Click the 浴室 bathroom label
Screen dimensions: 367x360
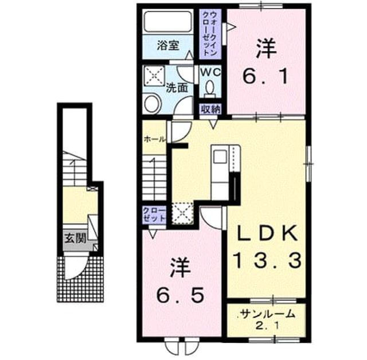coord(168,45)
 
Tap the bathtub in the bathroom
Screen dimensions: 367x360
coord(168,22)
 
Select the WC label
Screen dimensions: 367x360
coord(210,72)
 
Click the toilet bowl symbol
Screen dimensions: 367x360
coord(210,88)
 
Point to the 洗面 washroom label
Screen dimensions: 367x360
coord(177,88)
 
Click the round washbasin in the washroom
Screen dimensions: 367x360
coord(151,104)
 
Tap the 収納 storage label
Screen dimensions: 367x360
coord(210,109)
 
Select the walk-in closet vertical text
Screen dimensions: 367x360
coord(209,34)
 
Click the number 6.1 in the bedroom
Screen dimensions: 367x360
coord(266,77)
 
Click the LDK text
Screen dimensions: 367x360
coord(267,233)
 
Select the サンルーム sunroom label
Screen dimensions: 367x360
coord(267,314)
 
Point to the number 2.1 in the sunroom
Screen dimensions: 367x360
coord(267,326)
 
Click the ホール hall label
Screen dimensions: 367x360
coord(155,139)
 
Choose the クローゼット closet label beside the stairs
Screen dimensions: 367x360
coord(154,214)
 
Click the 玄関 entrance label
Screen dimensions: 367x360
coord(76,238)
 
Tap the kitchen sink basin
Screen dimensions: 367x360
coord(220,156)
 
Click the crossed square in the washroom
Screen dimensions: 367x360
coord(154,75)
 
